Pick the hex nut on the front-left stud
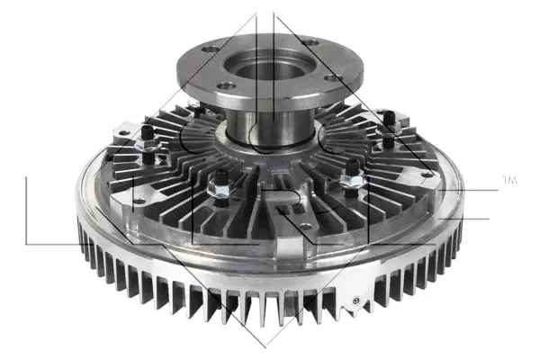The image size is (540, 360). [x=217, y=191]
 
